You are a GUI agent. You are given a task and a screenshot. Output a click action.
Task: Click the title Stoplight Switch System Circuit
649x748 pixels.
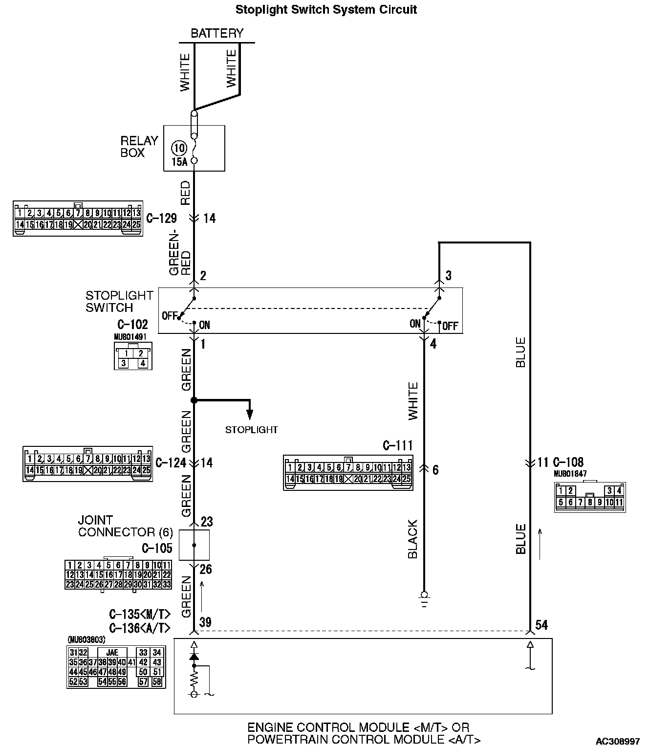(x=326, y=10)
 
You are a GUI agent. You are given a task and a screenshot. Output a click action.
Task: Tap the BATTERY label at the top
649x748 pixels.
(x=216, y=33)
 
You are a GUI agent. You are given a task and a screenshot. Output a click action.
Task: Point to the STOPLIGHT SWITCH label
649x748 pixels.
(x=119, y=301)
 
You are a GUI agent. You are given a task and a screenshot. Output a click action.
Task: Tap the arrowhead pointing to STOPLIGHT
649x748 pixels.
(x=250, y=415)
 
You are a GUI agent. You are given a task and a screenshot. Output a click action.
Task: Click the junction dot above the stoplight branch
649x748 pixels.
(x=194, y=400)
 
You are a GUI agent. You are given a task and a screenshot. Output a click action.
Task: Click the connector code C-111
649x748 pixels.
(x=397, y=445)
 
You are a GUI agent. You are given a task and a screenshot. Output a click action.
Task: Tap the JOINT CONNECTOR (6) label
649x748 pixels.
(x=116, y=526)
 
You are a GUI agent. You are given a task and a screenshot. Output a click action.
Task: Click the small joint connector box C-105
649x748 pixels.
(x=194, y=545)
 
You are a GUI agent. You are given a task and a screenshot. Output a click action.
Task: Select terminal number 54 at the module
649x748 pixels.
(x=541, y=625)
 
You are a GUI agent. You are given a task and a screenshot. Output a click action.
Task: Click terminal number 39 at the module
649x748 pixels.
(x=205, y=622)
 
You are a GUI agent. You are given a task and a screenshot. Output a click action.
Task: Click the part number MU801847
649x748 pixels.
(x=570, y=474)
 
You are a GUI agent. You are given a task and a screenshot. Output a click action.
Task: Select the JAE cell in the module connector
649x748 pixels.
(x=112, y=653)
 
